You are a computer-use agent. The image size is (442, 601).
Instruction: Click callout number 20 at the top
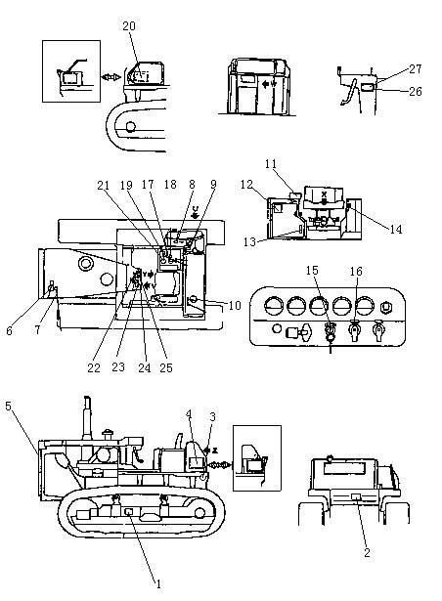coord(129,26)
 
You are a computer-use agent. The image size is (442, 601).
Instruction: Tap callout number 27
coord(416,69)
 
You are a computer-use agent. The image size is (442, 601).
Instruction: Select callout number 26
coord(416,91)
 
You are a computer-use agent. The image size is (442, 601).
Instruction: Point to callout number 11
coord(271,163)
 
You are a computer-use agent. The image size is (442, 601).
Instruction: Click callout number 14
coord(396,230)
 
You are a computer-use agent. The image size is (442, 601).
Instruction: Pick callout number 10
coord(235,306)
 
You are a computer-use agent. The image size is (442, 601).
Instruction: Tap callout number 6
coord(9,330)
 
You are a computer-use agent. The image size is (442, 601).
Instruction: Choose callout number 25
coord(166,367)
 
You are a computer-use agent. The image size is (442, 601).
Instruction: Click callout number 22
coord(94,367)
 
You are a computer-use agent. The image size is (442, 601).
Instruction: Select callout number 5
coord(9,406)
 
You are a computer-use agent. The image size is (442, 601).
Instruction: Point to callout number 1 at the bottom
coord(158,583)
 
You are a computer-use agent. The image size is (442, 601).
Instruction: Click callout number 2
coord(367,552)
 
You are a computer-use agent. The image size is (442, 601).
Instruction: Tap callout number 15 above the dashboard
coord(312,271)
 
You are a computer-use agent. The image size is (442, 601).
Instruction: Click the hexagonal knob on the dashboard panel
coord(386,307)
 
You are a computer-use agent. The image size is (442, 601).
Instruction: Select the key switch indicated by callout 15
coord(330,330)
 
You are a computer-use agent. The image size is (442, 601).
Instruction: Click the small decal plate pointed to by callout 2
coord(357,497)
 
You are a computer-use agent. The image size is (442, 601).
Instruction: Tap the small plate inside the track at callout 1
coord(129,511)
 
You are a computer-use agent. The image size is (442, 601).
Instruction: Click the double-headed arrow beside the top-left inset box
coord(111,77)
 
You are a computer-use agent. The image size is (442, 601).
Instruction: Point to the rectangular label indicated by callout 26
coord(367,87)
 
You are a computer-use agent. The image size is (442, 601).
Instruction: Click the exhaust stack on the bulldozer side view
coord(87,418)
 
